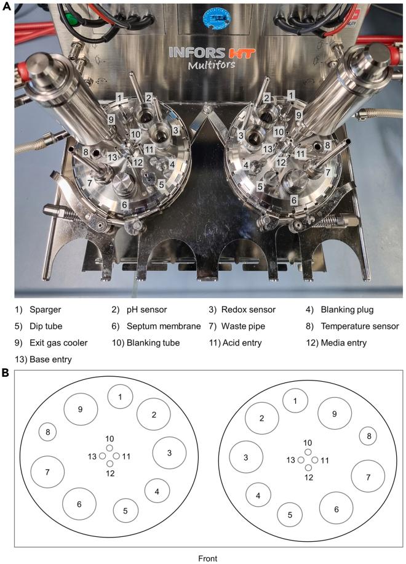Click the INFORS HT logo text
(x=212, y=53)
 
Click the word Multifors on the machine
(x=212, y=65)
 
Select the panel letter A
(x=7, y=6)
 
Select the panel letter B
(x=6, y=373)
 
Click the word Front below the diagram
(x=208, y=558)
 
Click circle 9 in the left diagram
(x=81, y=410)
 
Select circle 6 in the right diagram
(x=336, y=509)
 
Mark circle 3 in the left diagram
(x=170, y=453)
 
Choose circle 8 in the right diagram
(x=368, y=437)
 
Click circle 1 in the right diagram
(x=295, y=401)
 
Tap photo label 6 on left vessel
(x=124, y=204)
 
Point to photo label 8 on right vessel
(x=327, y=145)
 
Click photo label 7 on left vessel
(x=89, y=183)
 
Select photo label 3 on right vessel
(x=241, y=135)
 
